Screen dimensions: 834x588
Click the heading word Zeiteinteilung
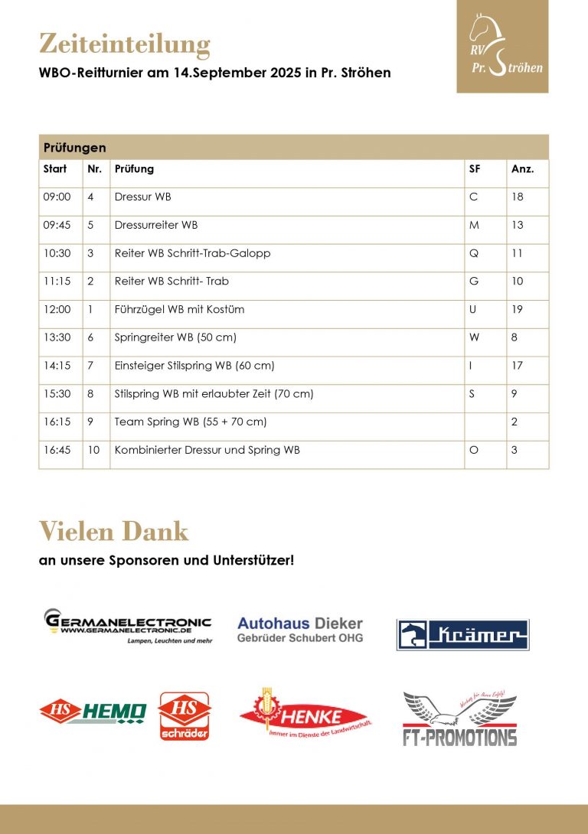(x=124, y=45)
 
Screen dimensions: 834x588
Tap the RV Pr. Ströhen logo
(x=502, y=47)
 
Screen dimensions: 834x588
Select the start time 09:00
(x=57, y=197)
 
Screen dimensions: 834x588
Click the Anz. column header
(x=522, y=169)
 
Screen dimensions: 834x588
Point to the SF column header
(x=475, y=169)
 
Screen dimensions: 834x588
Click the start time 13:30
(x=57, y=337)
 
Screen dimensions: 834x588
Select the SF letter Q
(x=473, y=253)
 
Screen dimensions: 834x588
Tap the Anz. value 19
(x=518, y=310)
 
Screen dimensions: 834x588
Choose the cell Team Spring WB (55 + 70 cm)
(x=191, y=422)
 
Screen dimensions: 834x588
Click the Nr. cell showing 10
(x=93, y=450)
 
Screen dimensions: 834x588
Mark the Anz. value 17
(x=518, y=366)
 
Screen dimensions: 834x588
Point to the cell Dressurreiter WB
(x=156, y=226)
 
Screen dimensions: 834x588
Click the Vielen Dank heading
(x=113, y=530)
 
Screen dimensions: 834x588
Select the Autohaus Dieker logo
(x=300, y=630)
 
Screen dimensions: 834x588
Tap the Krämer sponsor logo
(x=462, y=634)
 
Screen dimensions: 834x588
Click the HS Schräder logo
(x=184, y=716)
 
